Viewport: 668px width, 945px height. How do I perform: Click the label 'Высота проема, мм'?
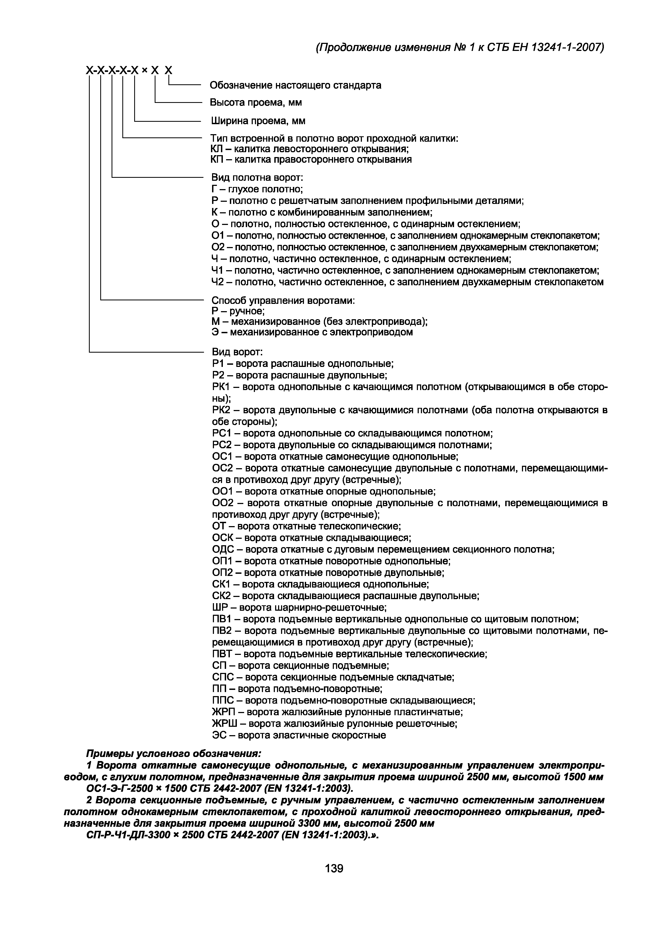256,102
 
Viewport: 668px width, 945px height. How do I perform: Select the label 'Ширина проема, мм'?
258,121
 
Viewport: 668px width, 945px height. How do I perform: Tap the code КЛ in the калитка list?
216,149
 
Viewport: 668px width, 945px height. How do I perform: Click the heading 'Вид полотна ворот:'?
257,178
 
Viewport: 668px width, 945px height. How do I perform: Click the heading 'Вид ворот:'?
237,352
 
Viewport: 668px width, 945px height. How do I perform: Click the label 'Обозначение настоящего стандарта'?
295,85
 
